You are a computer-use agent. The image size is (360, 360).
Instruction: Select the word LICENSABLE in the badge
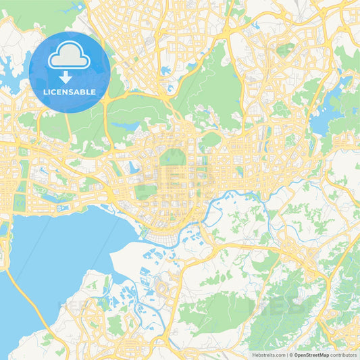(x=70, y=93)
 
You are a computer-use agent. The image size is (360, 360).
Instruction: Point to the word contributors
(x=344, y=355)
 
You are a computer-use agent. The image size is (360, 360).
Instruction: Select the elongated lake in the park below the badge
(x=125, y=125)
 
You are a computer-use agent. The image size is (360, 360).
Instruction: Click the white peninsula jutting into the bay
(x=135, y=257)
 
